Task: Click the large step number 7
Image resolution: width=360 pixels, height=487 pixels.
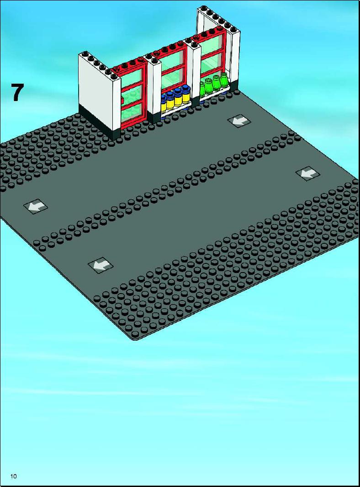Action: (x=17, y=92)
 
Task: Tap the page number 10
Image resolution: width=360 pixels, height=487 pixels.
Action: (x=13, y=476)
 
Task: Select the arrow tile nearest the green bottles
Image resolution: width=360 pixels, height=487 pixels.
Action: (x=239, y=121)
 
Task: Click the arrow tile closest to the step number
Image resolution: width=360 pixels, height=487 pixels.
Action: (x=36, y=206)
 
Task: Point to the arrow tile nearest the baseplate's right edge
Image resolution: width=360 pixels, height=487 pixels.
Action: (x=307, y=173)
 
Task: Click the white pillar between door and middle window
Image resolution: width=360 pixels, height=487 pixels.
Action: (x=154, y=89)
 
